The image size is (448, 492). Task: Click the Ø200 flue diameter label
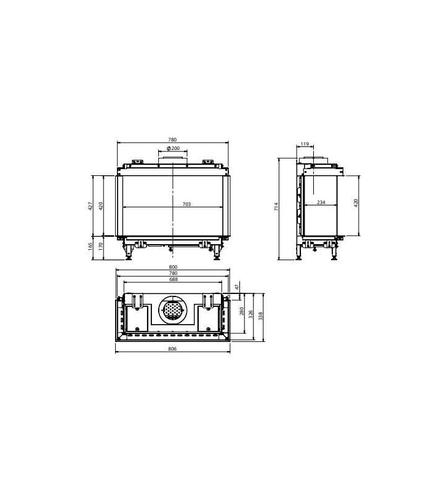point(174,148)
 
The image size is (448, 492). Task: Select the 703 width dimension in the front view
point(186,204)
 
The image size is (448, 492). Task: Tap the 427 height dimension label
point(90,206)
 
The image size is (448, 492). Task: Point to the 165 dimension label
point(90,247)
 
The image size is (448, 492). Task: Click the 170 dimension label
point(101,247)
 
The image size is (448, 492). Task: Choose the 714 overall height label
point(276,207)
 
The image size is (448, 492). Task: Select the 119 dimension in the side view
point(305,144)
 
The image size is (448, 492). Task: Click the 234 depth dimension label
point(321,202)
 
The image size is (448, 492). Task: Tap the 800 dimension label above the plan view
point(173,267)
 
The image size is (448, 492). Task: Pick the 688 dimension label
point(174,279)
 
